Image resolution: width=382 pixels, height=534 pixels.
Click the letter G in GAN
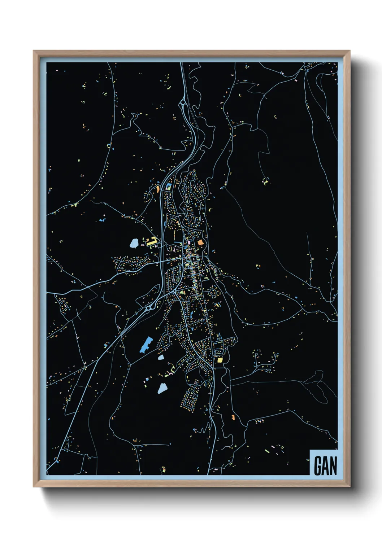(318, 466)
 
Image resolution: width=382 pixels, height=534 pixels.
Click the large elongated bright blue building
(146, 345)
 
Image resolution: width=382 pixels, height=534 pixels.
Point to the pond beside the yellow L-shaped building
(134, 243)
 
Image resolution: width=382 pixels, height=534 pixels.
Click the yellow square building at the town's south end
(220, 360)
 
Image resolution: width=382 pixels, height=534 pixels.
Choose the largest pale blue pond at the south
(162, 388)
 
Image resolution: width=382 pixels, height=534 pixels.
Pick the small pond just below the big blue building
(161, 357)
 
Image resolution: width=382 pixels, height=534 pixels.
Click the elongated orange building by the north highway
(157, 188)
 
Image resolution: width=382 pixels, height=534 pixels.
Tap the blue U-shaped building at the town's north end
(169, 187)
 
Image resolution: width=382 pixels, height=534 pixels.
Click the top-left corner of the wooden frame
(34, 51)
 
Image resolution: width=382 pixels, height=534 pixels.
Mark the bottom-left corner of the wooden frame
(34, 487)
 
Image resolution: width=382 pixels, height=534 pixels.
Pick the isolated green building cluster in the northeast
(266, 181)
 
